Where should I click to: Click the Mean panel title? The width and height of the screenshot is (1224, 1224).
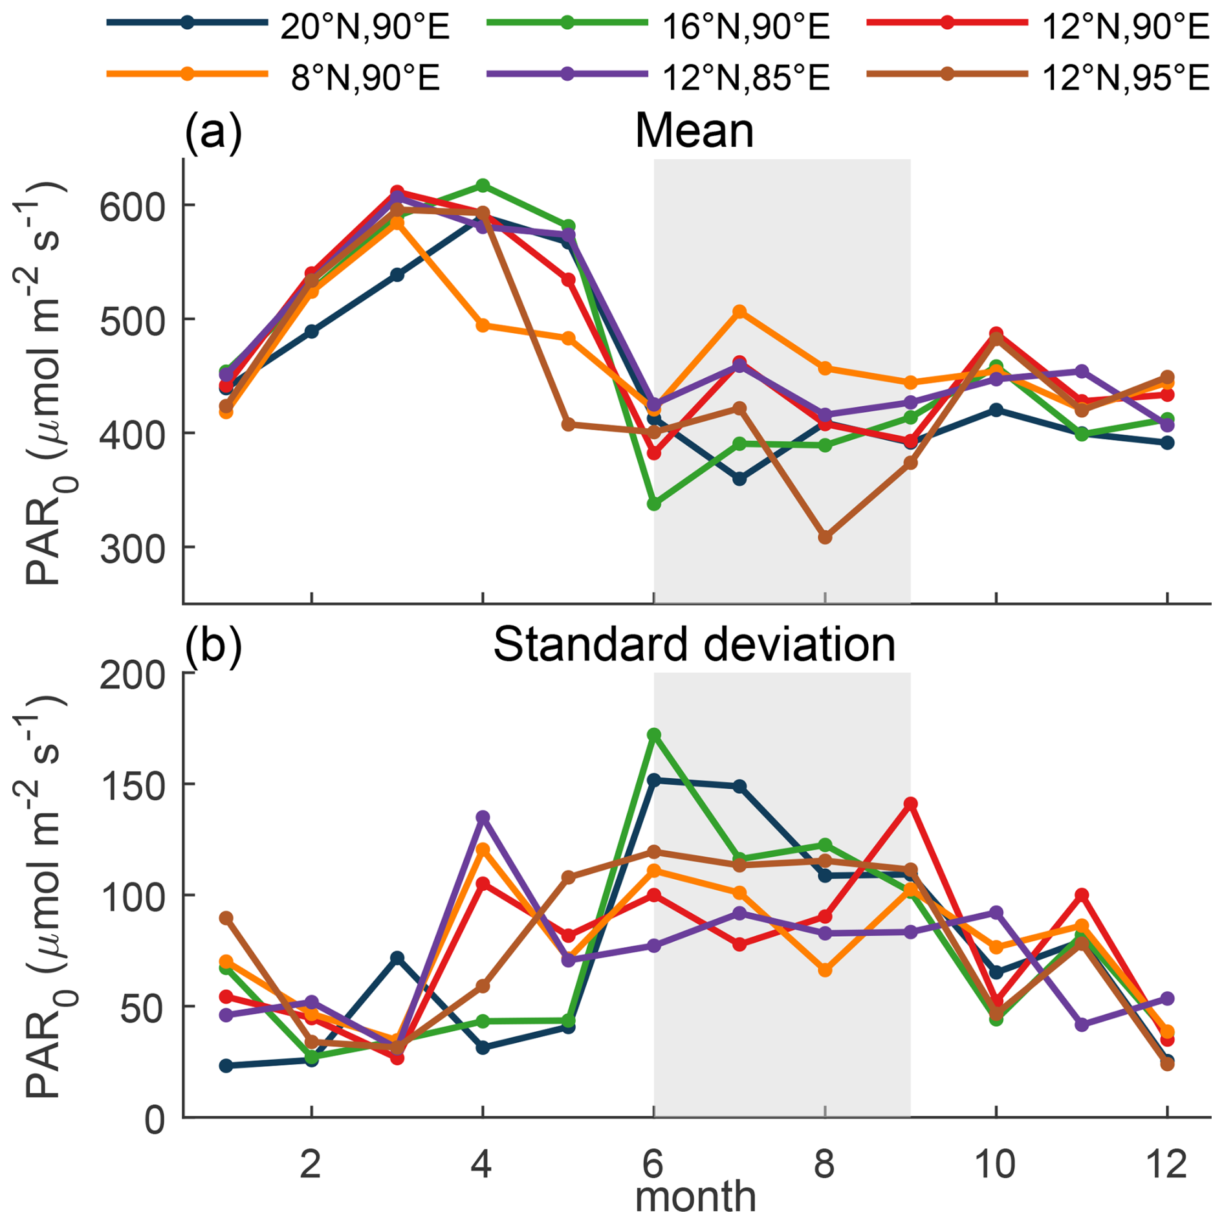694,131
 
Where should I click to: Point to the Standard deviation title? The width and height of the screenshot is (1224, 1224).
694,645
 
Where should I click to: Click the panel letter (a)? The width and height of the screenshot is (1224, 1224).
213,131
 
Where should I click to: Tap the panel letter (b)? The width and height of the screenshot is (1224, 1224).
213,645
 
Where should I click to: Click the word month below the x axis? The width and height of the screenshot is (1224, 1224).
695,1198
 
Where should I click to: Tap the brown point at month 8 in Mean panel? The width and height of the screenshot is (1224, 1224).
825,537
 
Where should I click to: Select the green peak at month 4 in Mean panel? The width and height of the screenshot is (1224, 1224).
483,186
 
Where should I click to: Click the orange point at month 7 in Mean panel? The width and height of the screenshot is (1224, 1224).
739,311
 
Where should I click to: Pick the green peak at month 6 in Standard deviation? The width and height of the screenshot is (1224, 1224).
654,735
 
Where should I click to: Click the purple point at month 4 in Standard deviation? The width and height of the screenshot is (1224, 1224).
483,817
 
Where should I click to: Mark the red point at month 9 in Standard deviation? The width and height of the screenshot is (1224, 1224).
910,803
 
